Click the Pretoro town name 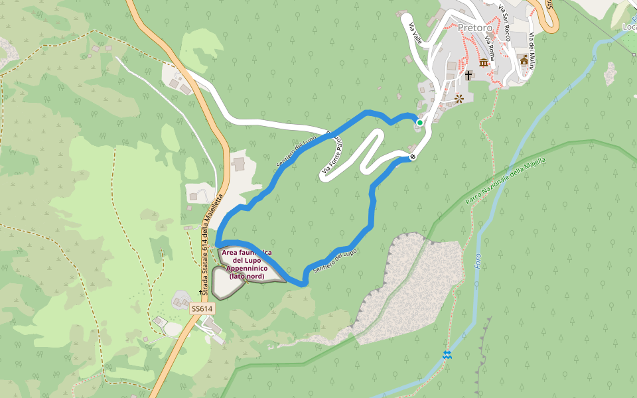click(x=474, y=27)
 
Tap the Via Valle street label click(x=415, y=31)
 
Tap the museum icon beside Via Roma click(x=484, y=62)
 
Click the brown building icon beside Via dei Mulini click(x=524, y=61)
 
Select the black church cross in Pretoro click(x=468, y=75)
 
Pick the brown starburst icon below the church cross click(x=459, y=99)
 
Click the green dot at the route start click(x=419, y=123)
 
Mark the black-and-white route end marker click(x=413, y=157)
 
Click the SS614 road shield click(x=202, y=309)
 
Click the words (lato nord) click(x=247, y=276)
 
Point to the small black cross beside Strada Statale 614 click(x=201, y=292)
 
